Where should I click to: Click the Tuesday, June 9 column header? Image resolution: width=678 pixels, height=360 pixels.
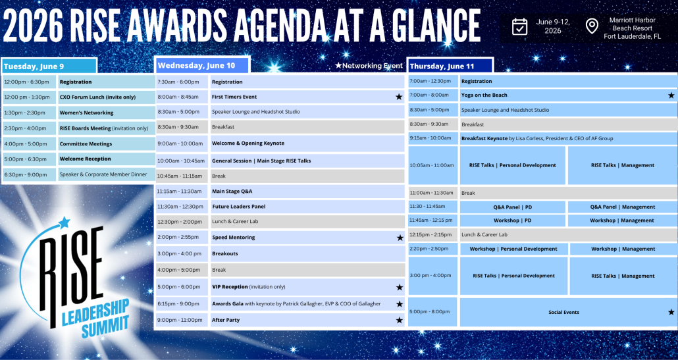pos(49,66)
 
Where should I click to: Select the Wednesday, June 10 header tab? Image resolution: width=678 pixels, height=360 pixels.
pos(202,65)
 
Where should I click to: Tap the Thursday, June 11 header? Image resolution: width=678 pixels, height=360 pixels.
pos(450,66)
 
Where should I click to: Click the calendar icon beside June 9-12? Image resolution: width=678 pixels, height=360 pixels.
pos(519,26)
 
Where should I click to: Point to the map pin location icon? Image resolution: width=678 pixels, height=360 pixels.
pos(592,26)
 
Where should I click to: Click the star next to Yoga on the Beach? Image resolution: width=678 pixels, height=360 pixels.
pos(671,95)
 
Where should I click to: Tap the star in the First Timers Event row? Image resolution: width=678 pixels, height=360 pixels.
pos(399,97)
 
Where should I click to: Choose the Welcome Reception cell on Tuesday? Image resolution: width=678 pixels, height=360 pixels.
pos(107,159)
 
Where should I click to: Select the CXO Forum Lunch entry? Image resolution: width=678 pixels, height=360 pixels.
pos(107,97)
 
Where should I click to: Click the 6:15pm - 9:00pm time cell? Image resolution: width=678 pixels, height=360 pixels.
pos(182,304)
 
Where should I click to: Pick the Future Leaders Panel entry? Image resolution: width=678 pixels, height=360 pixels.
pos(307,207)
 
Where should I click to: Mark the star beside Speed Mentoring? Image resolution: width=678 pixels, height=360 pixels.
pos(400,238)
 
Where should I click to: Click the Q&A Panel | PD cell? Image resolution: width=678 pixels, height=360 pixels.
pos(512,207)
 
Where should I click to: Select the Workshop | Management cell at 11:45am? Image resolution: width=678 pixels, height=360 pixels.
pos(622,220)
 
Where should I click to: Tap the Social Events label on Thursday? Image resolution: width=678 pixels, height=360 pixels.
pos(564,312)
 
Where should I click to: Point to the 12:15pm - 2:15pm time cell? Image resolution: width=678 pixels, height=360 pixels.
pos(433,235)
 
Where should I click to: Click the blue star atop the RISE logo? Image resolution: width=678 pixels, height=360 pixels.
pos(64,222)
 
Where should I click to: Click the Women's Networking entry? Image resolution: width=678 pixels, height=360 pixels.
pos(107,113)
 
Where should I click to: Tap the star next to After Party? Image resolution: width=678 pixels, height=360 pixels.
pos(399,321)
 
